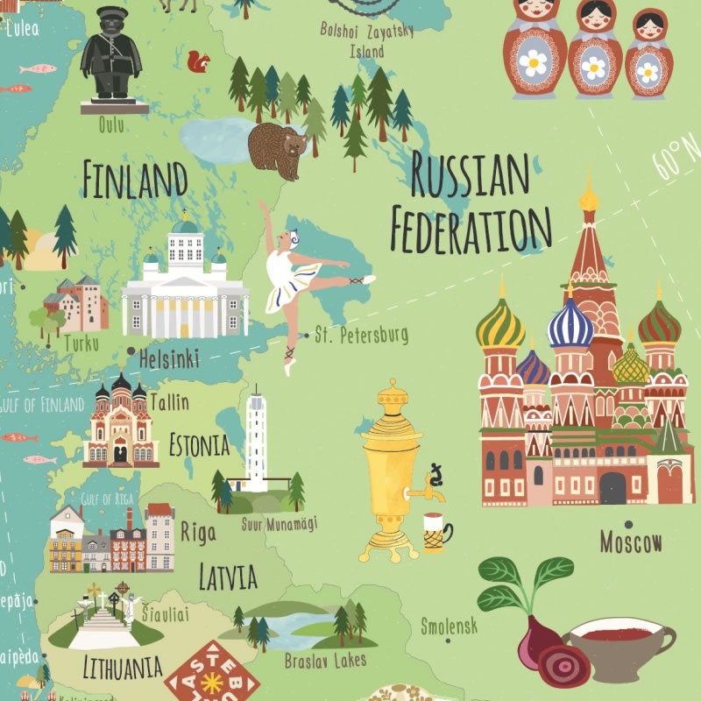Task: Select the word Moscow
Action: pos(631,542)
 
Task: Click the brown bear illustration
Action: pos(277,146)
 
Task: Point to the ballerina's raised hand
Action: pos(262,205)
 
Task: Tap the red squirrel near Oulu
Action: pos(200,62)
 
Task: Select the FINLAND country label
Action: pos(136,180)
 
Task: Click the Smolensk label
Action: pos(449,626)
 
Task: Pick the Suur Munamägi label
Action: pos(279,523)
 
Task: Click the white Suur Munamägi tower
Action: pos(257,438)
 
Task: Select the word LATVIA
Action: pos(227,577)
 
